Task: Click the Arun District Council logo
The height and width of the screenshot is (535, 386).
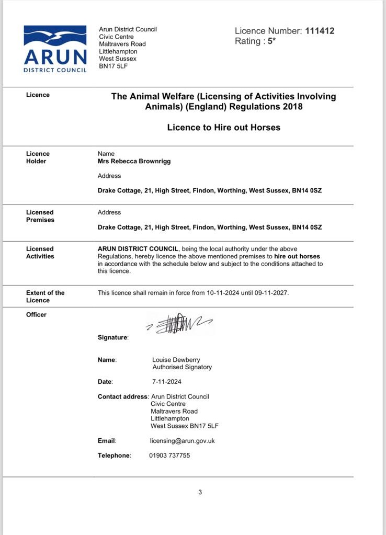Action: (55, 49)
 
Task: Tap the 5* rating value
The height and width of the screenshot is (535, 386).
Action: (271, 41)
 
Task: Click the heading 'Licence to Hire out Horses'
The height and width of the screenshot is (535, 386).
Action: (223, 127)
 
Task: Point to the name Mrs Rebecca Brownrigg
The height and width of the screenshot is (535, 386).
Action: (134, 161)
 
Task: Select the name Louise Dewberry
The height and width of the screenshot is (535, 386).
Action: (176, 360)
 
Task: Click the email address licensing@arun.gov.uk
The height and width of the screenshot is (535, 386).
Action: (182, 441)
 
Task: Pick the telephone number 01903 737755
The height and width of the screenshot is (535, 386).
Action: (169, 456)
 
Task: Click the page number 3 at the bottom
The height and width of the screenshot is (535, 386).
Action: (200, 492)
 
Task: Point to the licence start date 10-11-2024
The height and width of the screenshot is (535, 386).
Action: (223, 293)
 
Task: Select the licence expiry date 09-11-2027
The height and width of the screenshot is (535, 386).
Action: (271, 293)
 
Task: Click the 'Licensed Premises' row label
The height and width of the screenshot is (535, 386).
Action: (40, 216)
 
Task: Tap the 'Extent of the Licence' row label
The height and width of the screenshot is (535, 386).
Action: (45, 297)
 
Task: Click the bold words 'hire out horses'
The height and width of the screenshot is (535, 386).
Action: (297, 256)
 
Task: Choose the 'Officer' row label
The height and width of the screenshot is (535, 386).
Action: (36, 315)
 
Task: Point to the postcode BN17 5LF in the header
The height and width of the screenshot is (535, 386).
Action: (113, 66)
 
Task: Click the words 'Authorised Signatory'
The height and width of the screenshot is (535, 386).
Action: (182, 367)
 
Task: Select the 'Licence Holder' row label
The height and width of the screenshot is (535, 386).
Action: (38, 157)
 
